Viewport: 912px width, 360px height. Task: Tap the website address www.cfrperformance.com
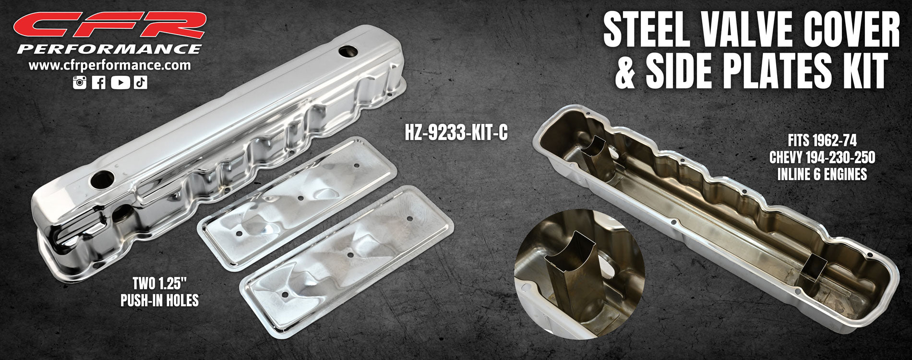click(110, 65)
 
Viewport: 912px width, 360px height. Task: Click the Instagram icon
click(79, 82)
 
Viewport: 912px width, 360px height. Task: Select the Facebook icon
click(98, 82)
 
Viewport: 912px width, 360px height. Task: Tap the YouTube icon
click(120, 82)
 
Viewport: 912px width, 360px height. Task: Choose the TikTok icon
click(141, 82)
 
